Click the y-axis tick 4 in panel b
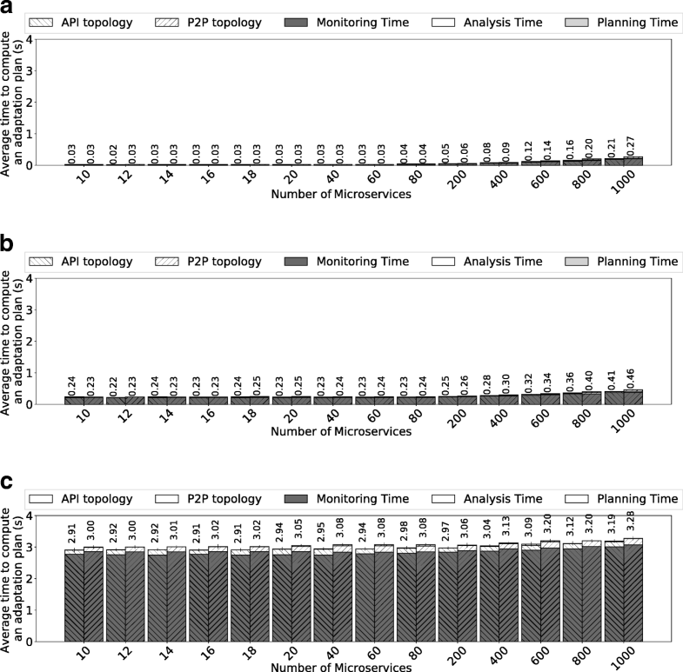52,279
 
